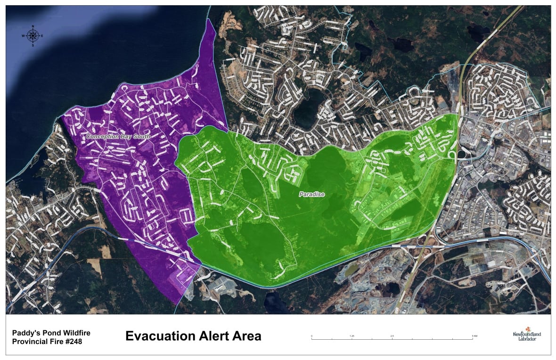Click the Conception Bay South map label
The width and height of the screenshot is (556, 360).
[x=118, y=137]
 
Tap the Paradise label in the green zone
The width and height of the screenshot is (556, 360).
[x=312, y=194]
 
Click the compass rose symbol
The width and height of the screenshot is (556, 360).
[x=33, y=36]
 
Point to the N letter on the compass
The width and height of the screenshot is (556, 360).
[x=33, y=26]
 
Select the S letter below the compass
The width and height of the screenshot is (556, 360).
[x=33, y=46]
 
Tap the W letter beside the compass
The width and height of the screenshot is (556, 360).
[x=23, y=36]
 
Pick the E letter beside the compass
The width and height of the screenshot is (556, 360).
[x=42, y=36]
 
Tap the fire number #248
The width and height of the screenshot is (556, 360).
[x=72, y=342]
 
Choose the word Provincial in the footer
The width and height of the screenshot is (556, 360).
[x=29, y=342]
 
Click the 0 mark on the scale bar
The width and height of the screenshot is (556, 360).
[x=311, y=335]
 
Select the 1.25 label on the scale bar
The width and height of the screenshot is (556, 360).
[x=352, y=335]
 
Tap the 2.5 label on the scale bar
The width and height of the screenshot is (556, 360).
[x=392, y=335]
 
